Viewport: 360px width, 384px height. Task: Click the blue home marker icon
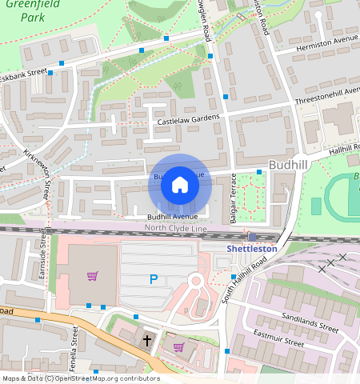180,186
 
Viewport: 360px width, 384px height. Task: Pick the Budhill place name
288,164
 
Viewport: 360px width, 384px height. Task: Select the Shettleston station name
251,249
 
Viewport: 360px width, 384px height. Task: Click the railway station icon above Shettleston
252,237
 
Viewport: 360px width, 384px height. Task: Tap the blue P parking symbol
154,278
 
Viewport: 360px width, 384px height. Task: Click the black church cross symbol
146,340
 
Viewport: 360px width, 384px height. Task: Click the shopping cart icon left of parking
92,277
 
